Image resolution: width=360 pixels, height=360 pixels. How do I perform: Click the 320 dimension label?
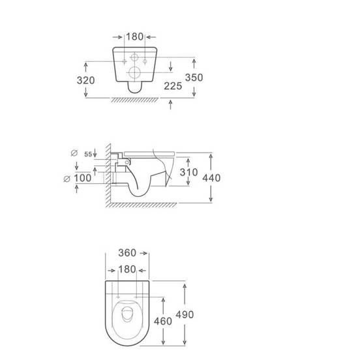[x=85, y=80]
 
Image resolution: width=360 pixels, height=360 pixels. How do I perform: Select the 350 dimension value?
[x=194, y=78]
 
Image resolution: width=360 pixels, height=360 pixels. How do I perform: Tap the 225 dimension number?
[x=173, y=86]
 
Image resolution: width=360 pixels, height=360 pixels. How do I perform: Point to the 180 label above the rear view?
[x=135, y=37]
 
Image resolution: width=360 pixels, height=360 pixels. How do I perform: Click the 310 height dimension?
[x=188, y=172]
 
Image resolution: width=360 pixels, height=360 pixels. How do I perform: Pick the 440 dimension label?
[x=211, y=178]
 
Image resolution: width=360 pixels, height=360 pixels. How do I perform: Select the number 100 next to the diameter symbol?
[x=82, y=178]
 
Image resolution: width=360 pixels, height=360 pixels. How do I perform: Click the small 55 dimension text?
[x=88, y=155]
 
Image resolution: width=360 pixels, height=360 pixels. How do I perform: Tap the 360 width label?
[x=127, y=253]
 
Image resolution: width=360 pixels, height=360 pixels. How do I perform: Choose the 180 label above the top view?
[x=127, y=269]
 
